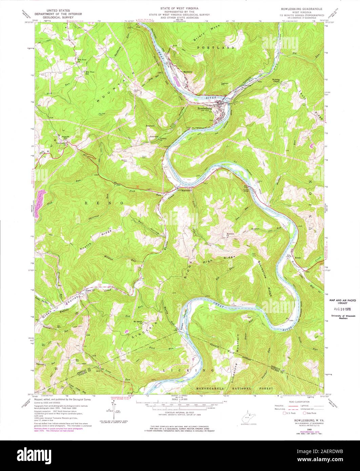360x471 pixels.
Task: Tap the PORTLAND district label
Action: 219,48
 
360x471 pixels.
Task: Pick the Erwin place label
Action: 298,258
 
